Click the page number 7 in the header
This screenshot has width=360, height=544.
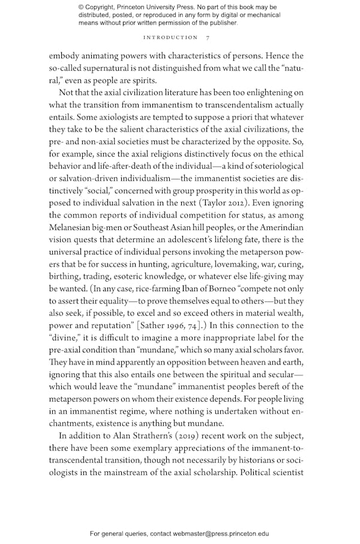(x=208, y=37)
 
